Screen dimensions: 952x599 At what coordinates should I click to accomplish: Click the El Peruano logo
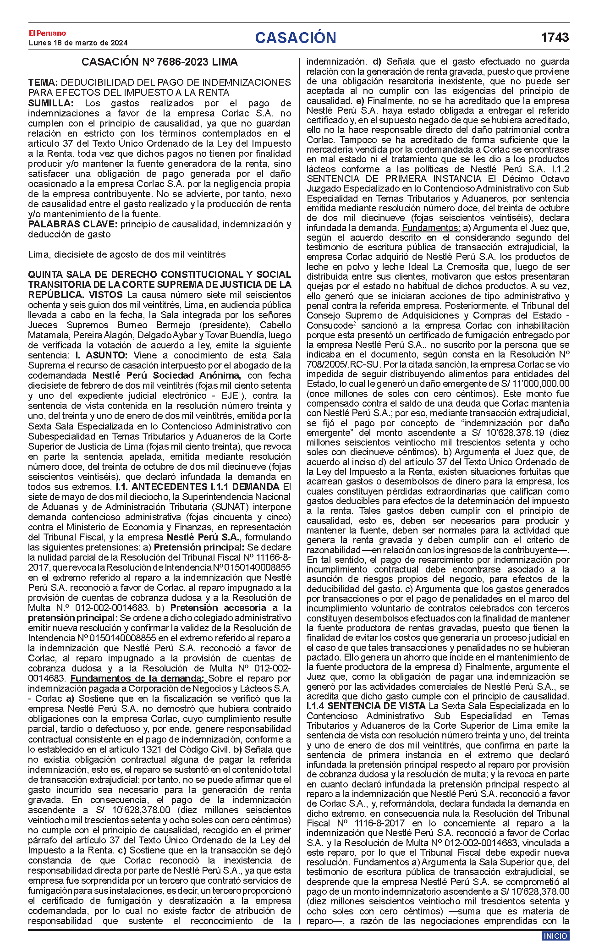[x=47, y=33]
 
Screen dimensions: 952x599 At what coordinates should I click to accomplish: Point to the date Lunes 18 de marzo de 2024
[x=78, y=43]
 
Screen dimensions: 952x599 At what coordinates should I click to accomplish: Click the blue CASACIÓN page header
[x=296, y=38]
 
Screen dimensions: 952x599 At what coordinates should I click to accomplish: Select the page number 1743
[x=555, y=38]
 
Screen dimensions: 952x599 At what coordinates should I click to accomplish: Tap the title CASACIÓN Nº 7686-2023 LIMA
[x=159, y=62]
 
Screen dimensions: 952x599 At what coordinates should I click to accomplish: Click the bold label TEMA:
[x=43, y=83]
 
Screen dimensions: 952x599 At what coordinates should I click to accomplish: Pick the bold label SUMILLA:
[x=50, y=103]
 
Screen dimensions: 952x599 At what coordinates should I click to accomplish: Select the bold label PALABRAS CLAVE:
[x=72, y=224]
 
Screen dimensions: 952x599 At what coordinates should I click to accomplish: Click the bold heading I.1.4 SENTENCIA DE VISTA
[x=366, y=706]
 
